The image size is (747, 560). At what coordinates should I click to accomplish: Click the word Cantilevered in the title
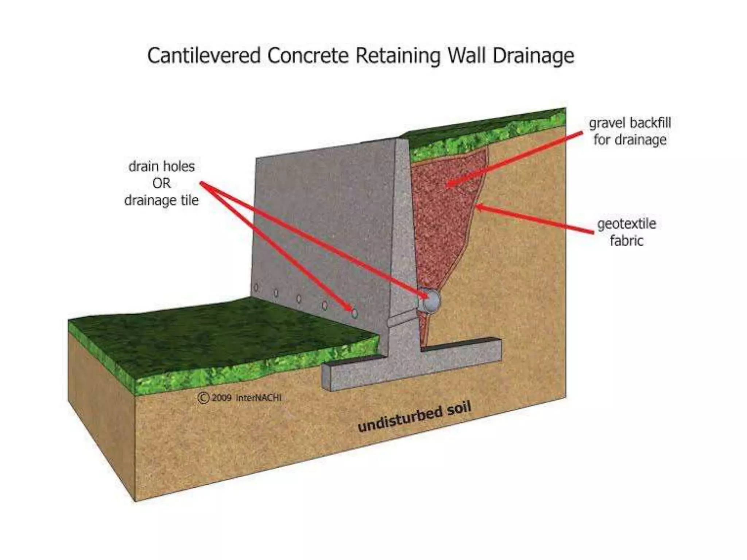204,56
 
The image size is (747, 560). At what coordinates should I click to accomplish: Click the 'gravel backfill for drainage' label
630,131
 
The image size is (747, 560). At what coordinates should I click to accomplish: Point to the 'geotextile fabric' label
626,232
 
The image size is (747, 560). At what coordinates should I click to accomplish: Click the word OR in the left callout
161,183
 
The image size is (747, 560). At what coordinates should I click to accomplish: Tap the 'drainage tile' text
161,200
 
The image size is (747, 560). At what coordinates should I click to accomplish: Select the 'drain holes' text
161,166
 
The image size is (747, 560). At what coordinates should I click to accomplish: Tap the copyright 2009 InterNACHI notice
240,397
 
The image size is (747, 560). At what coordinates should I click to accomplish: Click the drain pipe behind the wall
430,300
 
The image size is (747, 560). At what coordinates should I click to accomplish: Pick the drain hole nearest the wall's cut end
354,313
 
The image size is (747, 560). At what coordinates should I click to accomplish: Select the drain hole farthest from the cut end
256,288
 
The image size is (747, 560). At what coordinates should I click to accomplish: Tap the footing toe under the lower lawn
350,376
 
